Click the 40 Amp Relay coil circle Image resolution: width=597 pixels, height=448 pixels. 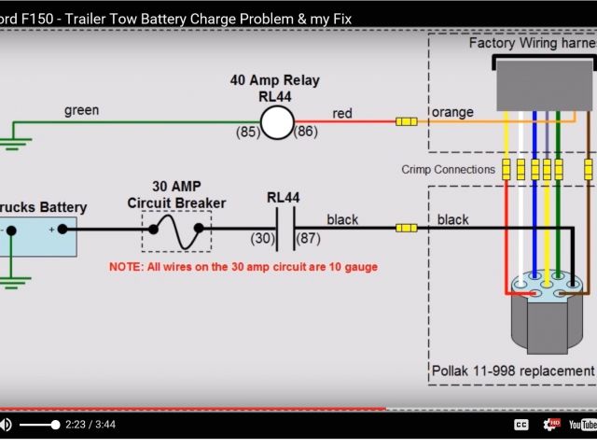point(276,121)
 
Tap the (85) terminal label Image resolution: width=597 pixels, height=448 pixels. point(246,133)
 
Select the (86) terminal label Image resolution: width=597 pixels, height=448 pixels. point(307,133)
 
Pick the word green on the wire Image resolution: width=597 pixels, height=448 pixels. point(81,110)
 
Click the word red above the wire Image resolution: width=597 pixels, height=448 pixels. point(342,114)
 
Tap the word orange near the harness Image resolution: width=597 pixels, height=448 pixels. point(452,113)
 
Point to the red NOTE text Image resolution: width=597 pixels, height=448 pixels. point(243,267)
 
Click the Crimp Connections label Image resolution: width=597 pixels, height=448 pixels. point(448,170)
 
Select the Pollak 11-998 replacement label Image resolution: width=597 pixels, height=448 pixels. point(511,371)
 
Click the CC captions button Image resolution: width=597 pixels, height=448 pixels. point(521,425)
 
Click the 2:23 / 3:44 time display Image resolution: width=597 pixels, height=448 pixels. point(91,425)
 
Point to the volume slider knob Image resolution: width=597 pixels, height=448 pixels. point(55,425)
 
